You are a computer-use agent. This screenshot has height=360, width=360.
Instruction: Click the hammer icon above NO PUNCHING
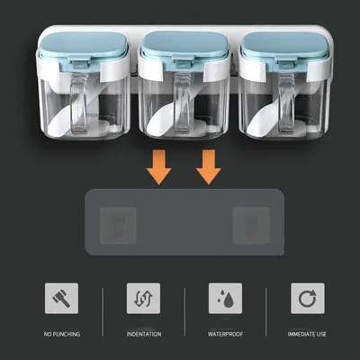click(x=60, y=298)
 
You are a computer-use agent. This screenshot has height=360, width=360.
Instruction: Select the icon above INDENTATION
click(x=144, y=298)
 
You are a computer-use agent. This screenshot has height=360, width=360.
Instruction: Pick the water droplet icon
click(x=224, y=298)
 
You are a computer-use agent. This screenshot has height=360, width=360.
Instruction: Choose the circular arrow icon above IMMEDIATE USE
click(x=307, y=298)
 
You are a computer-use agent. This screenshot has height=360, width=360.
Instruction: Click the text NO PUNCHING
click(x=60, y=335)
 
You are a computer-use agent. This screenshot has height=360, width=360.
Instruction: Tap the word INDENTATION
click(x=144, y=335)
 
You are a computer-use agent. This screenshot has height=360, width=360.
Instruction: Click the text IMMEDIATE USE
click(x=307, y=335)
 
